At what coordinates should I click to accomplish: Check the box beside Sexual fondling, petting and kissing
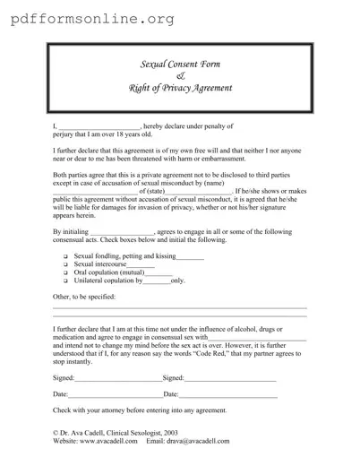(65, 257)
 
